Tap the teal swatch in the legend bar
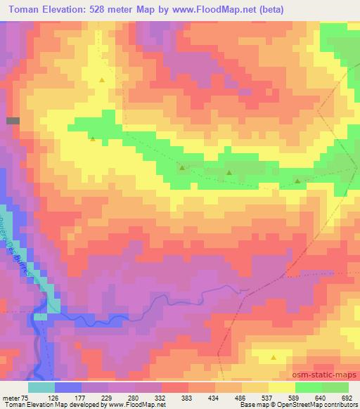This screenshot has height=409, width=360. point(41,387)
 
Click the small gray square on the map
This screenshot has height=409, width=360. point(13,121)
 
